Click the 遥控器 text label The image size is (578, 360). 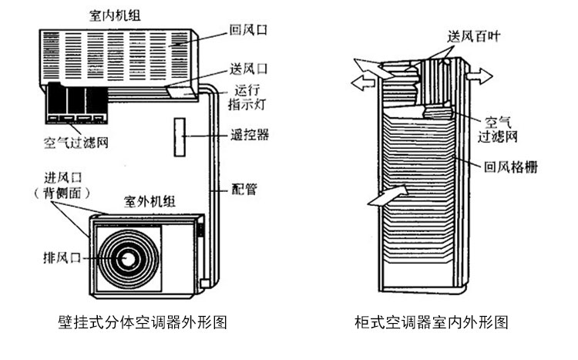tap(251, 134)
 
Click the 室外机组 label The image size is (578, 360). tap(150, 202)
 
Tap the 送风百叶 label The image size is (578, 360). tap(473, 36)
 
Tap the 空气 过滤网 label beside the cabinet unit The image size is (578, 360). tap(502, 129)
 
